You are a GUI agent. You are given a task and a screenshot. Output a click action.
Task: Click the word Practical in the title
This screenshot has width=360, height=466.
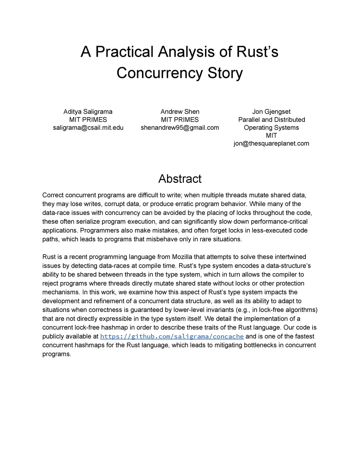(124, 52)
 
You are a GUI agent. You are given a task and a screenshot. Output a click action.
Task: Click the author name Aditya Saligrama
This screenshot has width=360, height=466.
(88, 111)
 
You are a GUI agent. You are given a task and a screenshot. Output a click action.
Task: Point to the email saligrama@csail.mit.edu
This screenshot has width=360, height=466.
(88, 127)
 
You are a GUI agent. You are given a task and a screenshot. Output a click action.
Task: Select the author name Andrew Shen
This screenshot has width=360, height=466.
(180, 111)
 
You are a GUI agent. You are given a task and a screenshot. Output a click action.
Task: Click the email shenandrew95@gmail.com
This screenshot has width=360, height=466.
(180, 127)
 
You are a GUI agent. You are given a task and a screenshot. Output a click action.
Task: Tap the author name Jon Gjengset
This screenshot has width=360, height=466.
(271, 111)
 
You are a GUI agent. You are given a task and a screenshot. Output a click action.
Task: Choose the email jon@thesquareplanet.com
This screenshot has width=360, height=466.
(271, 143)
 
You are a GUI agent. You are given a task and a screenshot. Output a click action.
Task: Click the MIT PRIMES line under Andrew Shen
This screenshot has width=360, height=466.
(180, 120)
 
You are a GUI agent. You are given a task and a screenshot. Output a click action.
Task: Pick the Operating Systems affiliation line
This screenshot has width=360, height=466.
(271, 127)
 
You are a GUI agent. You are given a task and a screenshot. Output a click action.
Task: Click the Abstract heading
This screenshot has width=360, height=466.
(180, 179)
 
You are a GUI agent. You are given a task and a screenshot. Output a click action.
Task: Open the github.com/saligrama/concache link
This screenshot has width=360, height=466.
(172, 336)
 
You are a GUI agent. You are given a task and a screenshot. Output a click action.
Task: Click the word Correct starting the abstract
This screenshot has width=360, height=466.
(53, 195)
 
